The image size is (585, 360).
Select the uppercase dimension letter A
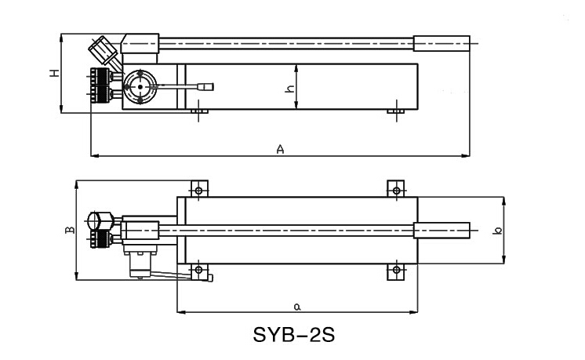pos(280,148)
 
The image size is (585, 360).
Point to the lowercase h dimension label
pos(289,89)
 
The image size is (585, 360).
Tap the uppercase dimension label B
pos(69,230)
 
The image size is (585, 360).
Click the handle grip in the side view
pos(441,42)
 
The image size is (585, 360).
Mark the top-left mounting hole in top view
pos(199,190)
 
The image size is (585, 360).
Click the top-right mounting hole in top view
pos(397,190)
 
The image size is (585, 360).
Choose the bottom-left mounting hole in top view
pos(199,271)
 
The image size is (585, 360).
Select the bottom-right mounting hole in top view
pos(397,271)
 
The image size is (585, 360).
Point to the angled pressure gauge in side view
pos(103,52)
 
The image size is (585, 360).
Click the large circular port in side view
pos(140,86)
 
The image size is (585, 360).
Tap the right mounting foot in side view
pos(397,113)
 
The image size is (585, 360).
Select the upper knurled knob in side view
pos(100,78)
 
